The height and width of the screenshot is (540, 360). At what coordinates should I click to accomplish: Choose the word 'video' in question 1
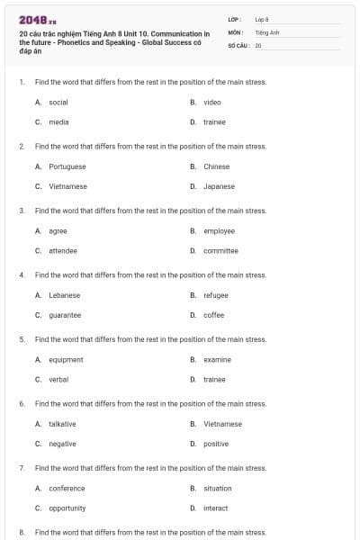click(212, 103)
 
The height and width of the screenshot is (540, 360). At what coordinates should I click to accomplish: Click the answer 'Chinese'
click(217, 166)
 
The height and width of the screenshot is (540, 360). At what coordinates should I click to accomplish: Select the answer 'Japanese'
click(219, 186)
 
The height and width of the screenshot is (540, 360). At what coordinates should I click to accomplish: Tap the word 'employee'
click(219, 231)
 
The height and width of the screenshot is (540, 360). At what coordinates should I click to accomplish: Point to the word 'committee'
click(220, 250)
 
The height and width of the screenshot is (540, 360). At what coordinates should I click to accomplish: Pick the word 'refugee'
click(216, 295)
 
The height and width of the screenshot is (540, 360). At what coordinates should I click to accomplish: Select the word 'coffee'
click(214, 315)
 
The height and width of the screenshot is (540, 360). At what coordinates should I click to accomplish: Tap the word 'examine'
click(217, 359)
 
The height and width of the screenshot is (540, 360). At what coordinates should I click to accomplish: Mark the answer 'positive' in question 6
click(216, 444)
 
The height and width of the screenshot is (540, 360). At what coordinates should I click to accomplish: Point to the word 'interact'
click(216, 508)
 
